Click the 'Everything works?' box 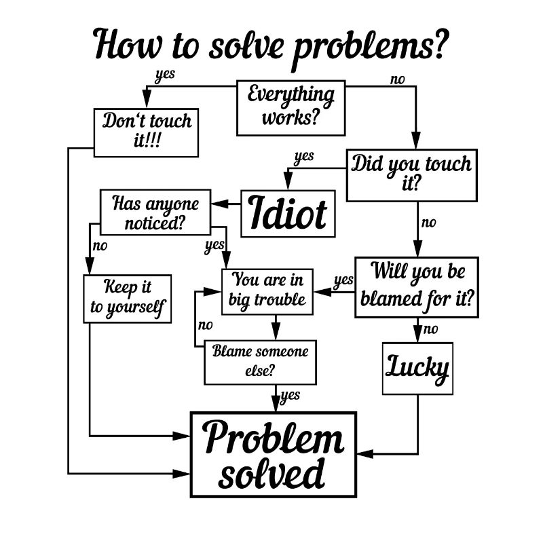coord(291,107)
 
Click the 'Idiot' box coord(289,213)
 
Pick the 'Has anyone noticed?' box coord(155,212)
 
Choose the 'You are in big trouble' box coord(267,290)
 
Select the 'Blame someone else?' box coord(261,361)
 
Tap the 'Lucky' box coord(417,369)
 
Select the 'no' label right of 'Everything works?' coord(397,79)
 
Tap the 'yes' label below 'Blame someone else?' coord(291,395)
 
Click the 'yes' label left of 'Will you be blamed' coord(343,279)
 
